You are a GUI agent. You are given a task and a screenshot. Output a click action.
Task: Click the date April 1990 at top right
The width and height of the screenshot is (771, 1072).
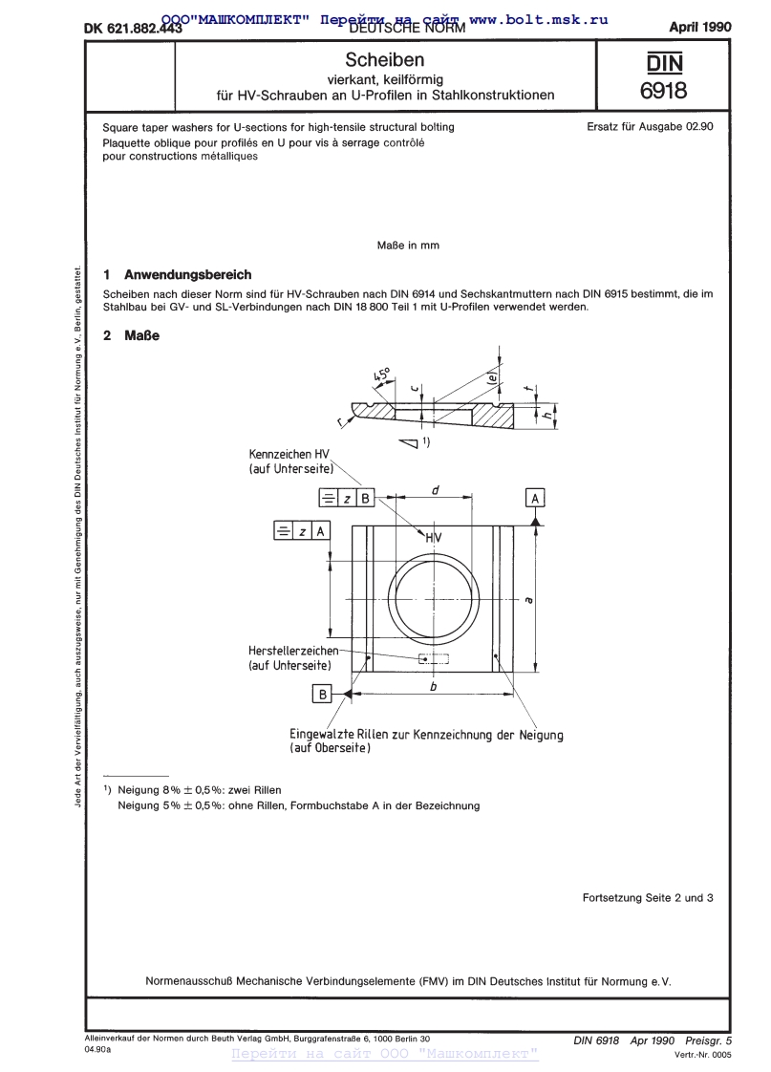point(699,27)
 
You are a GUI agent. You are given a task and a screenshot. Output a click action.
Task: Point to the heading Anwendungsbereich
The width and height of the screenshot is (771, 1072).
point(188,274)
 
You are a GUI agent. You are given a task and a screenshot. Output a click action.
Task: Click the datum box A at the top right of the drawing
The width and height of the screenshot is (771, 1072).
point(535,498)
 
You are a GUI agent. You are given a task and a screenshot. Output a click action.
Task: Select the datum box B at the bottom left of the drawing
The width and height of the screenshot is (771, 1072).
point(323,695)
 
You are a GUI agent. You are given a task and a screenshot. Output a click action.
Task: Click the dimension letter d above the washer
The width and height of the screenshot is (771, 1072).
point(435,490)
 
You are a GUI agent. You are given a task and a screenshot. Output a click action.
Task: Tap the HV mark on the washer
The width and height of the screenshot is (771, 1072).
point(434,539)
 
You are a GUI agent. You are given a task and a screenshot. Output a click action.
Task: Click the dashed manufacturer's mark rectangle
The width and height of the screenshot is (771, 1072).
point(434,658)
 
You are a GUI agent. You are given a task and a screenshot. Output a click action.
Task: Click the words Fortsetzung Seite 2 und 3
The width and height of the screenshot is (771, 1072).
point(648,897)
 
